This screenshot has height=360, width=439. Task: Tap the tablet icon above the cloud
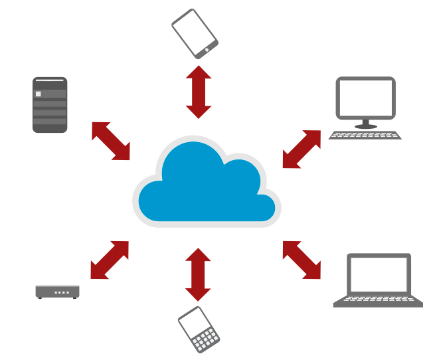[195, 33]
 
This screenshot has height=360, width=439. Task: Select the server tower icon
[50, 105]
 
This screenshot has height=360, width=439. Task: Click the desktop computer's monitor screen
[365, 98]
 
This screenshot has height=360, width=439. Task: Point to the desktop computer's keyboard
[365, 135]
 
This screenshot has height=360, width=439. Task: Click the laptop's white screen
[379, 274]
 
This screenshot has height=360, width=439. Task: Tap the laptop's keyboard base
[378, 301]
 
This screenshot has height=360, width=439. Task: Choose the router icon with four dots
[58, 291]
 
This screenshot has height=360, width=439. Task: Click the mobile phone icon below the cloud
[199, 329]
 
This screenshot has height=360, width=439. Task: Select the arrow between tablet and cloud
[199, 92]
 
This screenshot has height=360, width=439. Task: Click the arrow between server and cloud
[111, 141]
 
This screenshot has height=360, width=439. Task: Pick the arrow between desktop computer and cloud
[302, 149]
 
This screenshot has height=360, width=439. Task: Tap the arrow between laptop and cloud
[302, 260]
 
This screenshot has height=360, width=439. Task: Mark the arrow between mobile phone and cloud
[198, 274]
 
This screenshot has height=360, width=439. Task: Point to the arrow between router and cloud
[110, 260]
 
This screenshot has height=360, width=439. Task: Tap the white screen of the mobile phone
[193, 321]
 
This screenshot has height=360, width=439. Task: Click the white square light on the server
[39, 94]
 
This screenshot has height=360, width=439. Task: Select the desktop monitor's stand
[365, 124]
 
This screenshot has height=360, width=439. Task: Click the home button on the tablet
[207, 49]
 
